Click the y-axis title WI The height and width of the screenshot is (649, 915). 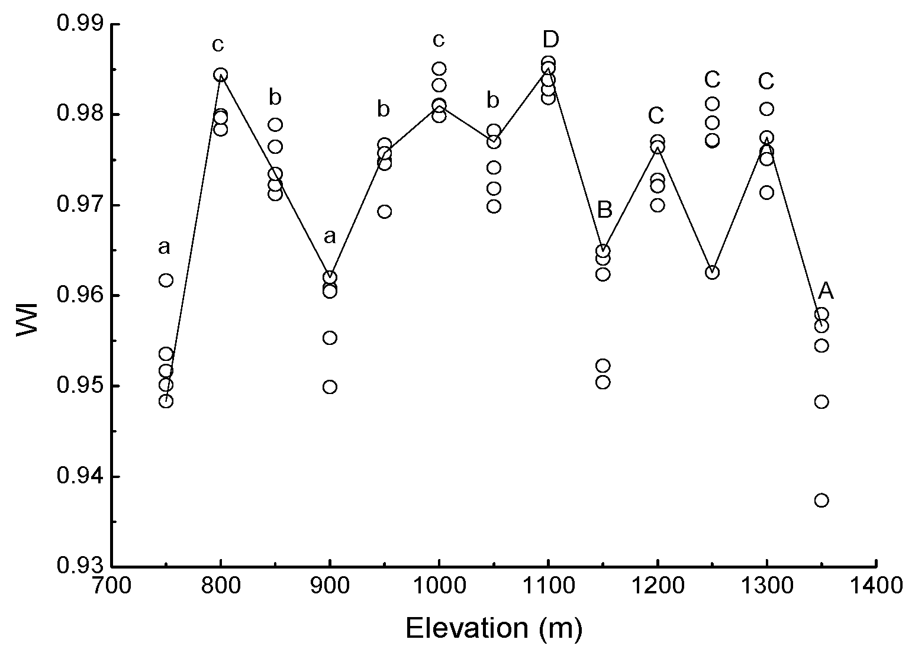click(27, 320)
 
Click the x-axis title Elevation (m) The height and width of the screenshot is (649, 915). click(494, 628)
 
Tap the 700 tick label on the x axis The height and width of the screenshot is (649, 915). click(112, 586)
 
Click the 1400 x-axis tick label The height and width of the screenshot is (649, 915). click(875, 586)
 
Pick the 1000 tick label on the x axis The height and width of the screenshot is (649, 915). click(439, 586)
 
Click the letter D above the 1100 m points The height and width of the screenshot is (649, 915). click(550, 40)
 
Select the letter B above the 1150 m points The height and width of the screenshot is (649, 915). click(604, 210)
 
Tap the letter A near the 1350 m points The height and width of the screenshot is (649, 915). click(826, 291)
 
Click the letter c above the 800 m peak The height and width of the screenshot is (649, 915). click(220, 44)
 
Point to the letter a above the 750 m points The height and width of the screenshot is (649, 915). click(164, 247)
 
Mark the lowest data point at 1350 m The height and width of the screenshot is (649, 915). click(821, 501)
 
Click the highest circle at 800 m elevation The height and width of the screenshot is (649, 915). click(221, 75)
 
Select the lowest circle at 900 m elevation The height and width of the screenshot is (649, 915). click(330, 387)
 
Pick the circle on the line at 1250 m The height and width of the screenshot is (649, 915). click(713, 273)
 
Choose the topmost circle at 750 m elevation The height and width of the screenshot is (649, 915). click(166, 280)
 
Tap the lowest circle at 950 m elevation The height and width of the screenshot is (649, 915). click(385, 212)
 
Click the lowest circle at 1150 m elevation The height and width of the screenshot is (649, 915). click(603, 382)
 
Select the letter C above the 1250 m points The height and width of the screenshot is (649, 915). click(713, 79)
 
